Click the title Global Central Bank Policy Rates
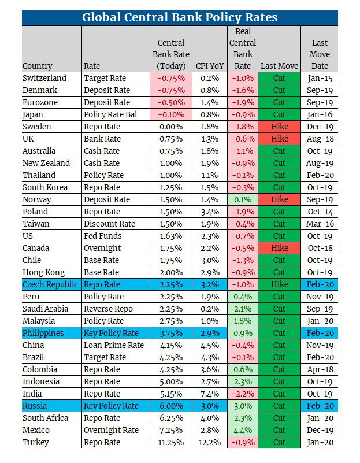coord(180,17)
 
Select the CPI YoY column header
coord(210,66)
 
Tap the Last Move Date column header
coord(320,54)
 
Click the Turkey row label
coord(35,442)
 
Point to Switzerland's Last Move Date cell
coord(320,78)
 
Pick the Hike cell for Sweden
coord(280,127)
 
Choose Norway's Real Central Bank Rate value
coord(243,199)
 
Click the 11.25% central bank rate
coord(171,442)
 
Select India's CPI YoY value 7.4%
coord(210,394)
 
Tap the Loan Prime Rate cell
coord(114,345)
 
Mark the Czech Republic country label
coord(50,284)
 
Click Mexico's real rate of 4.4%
coord(243,430)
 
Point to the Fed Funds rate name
coord(102,236)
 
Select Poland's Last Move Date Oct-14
coord(320,212)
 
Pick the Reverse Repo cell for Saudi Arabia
coord(108,309)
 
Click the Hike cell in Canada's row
coord(280,248)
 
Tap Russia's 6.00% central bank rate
coord(171,406)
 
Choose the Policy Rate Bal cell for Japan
coord(110,114)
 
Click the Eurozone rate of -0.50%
coord(171,102)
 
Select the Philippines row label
coord(43,333)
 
